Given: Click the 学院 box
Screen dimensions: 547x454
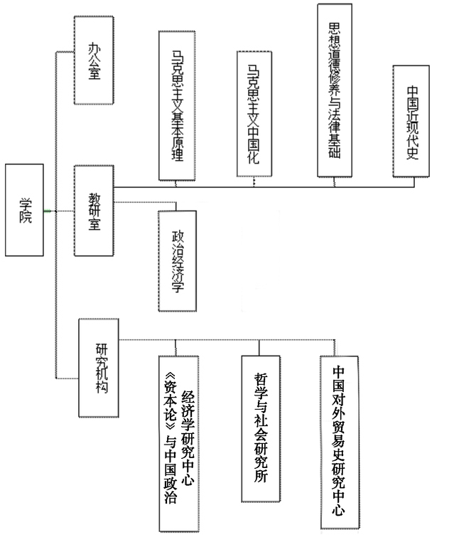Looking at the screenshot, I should tap(25, 210).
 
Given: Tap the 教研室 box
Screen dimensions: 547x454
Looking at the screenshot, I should tap(94, 210).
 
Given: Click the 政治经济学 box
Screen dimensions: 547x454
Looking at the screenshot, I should tap(176, 260).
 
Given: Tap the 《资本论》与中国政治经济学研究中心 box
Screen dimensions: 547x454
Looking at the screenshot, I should tap(178, 442).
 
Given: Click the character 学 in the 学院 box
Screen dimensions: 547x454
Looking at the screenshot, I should tap(25, 201).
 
